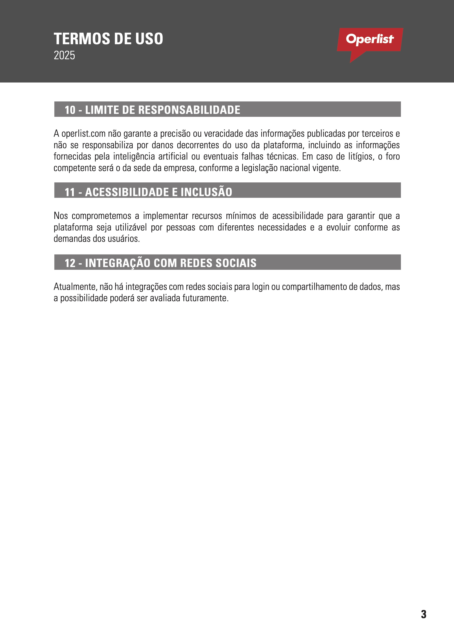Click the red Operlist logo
tap(370, 40)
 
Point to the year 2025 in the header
tap(64, 55)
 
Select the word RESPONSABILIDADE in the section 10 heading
tap(189, 110)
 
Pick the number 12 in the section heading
tap(70, 263)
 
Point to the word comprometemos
tap(101, 216)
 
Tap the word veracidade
tap(223, 134)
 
